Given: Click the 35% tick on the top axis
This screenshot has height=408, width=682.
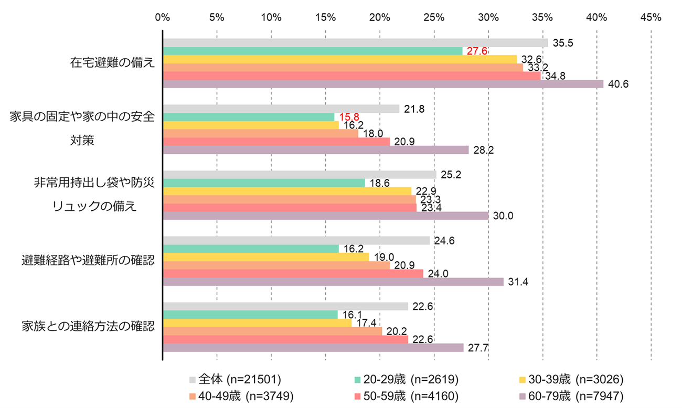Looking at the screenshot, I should (542, 17).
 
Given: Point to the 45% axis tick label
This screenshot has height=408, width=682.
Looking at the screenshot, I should (651, 17).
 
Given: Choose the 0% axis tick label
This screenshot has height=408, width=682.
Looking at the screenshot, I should (163, 17).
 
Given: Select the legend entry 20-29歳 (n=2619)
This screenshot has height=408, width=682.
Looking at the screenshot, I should (407, 379).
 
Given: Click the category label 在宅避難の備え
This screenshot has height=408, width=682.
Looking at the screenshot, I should (113, 63).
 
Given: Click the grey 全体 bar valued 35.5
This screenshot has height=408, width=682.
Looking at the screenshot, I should (355, 43).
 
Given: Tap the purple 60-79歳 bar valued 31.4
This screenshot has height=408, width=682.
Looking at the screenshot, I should (333, 282).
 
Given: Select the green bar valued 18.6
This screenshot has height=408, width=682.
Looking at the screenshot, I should (264, 183).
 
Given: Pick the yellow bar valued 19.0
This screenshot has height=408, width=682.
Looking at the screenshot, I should (266, 257).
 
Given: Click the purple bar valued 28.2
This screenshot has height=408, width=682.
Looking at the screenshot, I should (316, 151).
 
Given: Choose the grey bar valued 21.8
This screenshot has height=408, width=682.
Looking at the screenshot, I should (281, 109).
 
